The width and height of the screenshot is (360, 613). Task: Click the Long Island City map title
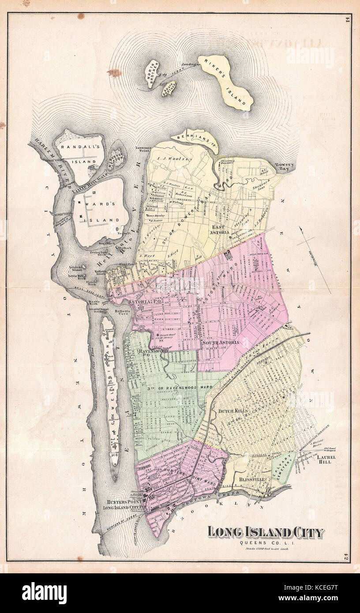(x=266, y=532)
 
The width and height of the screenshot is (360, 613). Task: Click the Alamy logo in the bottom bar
(x=44, y=593)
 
